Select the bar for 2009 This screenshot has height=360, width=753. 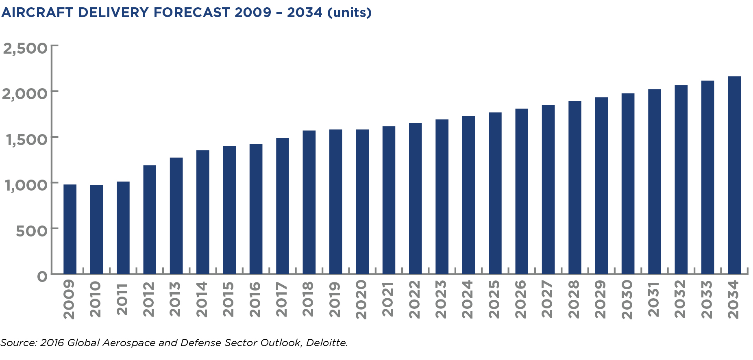(x=70, y=229)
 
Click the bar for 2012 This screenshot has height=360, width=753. (x=150, y=219)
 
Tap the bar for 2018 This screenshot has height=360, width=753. (x=309, y=202)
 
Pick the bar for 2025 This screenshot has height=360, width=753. (x=495, y=193)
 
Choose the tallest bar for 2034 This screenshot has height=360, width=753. (x=734, y=175)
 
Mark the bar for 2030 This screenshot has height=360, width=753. (x=628, y=184)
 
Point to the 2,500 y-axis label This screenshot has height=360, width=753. (x=25, y=48)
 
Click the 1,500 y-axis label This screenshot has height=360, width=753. (x=26, y=140)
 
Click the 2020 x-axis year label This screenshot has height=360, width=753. (x=361, y=299)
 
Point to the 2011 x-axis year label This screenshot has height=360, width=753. (x=122, y=299)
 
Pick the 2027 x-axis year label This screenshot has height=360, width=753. (x=547, y=299)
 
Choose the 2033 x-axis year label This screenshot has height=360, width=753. (x=707, y=299)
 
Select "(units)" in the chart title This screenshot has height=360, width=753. (x=349, y=13)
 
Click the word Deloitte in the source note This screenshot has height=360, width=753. (x=326, y=343)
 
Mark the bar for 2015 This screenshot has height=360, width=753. (x=229, y=210)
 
